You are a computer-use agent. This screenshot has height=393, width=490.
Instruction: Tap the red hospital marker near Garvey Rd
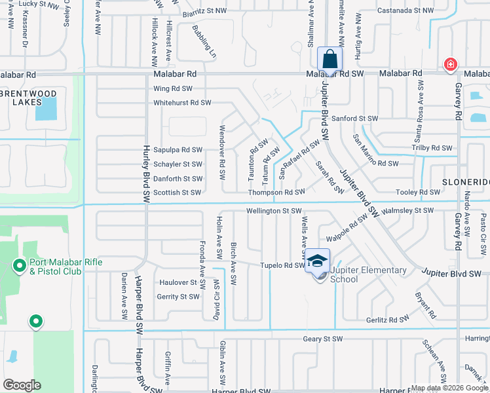tap(451, 64)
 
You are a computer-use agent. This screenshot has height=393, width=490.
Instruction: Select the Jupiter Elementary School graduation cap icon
tap(318, 261)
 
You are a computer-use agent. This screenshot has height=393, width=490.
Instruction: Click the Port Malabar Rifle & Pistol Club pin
tap(20, 267)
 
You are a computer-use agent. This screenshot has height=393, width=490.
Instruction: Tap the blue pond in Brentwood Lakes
tap(46, 109)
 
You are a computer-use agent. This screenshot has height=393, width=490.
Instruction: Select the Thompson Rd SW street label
tap(276, 193)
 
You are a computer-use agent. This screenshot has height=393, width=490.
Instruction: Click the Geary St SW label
tap(322, 339)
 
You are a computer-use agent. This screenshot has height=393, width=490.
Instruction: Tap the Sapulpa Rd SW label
tap(178, 150)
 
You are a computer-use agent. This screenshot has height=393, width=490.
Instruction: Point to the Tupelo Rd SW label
tap(282, 266)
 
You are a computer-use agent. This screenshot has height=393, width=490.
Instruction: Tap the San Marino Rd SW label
tap(375, 163)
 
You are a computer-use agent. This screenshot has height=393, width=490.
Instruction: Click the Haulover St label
tap(178, 282)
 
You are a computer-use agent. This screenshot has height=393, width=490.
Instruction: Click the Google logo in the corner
tap(22, 385)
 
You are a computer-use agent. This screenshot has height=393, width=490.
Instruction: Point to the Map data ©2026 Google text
tap(449, 388)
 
